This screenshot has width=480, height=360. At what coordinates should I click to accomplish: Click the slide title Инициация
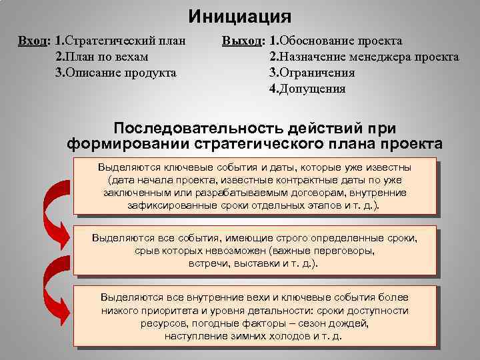tap(239, 15)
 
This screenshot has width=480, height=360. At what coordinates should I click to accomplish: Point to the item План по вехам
tap(107, 56)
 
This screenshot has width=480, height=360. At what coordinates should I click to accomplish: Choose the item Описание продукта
tap(120, 72)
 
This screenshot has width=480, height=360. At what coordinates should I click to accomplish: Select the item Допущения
tap(312, 88)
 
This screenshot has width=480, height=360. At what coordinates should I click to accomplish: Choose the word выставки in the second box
tap(259, 263)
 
